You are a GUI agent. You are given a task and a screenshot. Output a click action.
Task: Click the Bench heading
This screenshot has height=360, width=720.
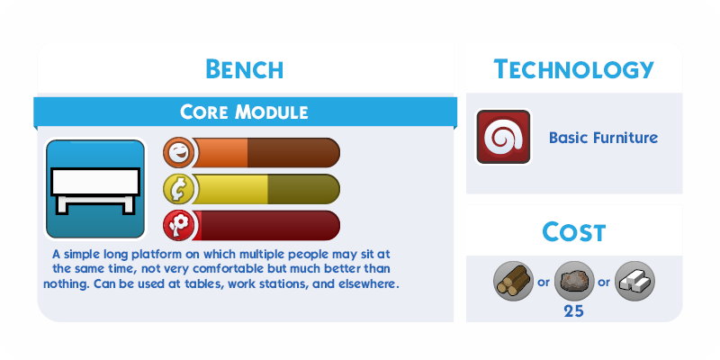point(244,69)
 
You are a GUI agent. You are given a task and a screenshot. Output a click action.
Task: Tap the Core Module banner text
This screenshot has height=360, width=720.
point(244,112)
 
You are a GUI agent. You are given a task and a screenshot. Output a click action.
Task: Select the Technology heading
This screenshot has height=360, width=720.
point(573,69)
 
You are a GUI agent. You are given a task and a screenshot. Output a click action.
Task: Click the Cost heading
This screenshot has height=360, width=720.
point(574,231)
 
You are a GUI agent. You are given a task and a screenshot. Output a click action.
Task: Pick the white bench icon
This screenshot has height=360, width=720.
point(95,190)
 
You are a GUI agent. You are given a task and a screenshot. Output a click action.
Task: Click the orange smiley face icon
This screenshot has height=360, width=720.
point(178,152)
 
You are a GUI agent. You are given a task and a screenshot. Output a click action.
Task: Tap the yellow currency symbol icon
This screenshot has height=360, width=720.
point(178,189)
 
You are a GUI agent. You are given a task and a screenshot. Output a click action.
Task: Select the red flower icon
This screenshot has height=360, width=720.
point(178,226)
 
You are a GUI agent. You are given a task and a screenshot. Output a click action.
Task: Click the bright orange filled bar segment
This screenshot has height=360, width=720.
point(220,152)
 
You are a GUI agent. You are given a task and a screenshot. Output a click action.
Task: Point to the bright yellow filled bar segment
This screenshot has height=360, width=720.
point(230,189)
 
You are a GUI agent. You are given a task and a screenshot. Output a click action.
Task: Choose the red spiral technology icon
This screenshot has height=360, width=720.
point(503,137)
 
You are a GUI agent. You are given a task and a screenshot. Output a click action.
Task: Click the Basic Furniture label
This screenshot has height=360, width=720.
point(603,138)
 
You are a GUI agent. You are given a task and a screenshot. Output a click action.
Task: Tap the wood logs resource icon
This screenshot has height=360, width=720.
point(513,281)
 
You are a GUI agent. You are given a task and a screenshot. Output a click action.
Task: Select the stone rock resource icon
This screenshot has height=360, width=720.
point(574,281)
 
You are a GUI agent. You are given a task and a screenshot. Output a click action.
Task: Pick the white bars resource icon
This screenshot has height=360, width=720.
point(634,281)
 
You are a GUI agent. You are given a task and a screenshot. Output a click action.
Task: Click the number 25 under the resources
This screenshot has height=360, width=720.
point(574,311)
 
